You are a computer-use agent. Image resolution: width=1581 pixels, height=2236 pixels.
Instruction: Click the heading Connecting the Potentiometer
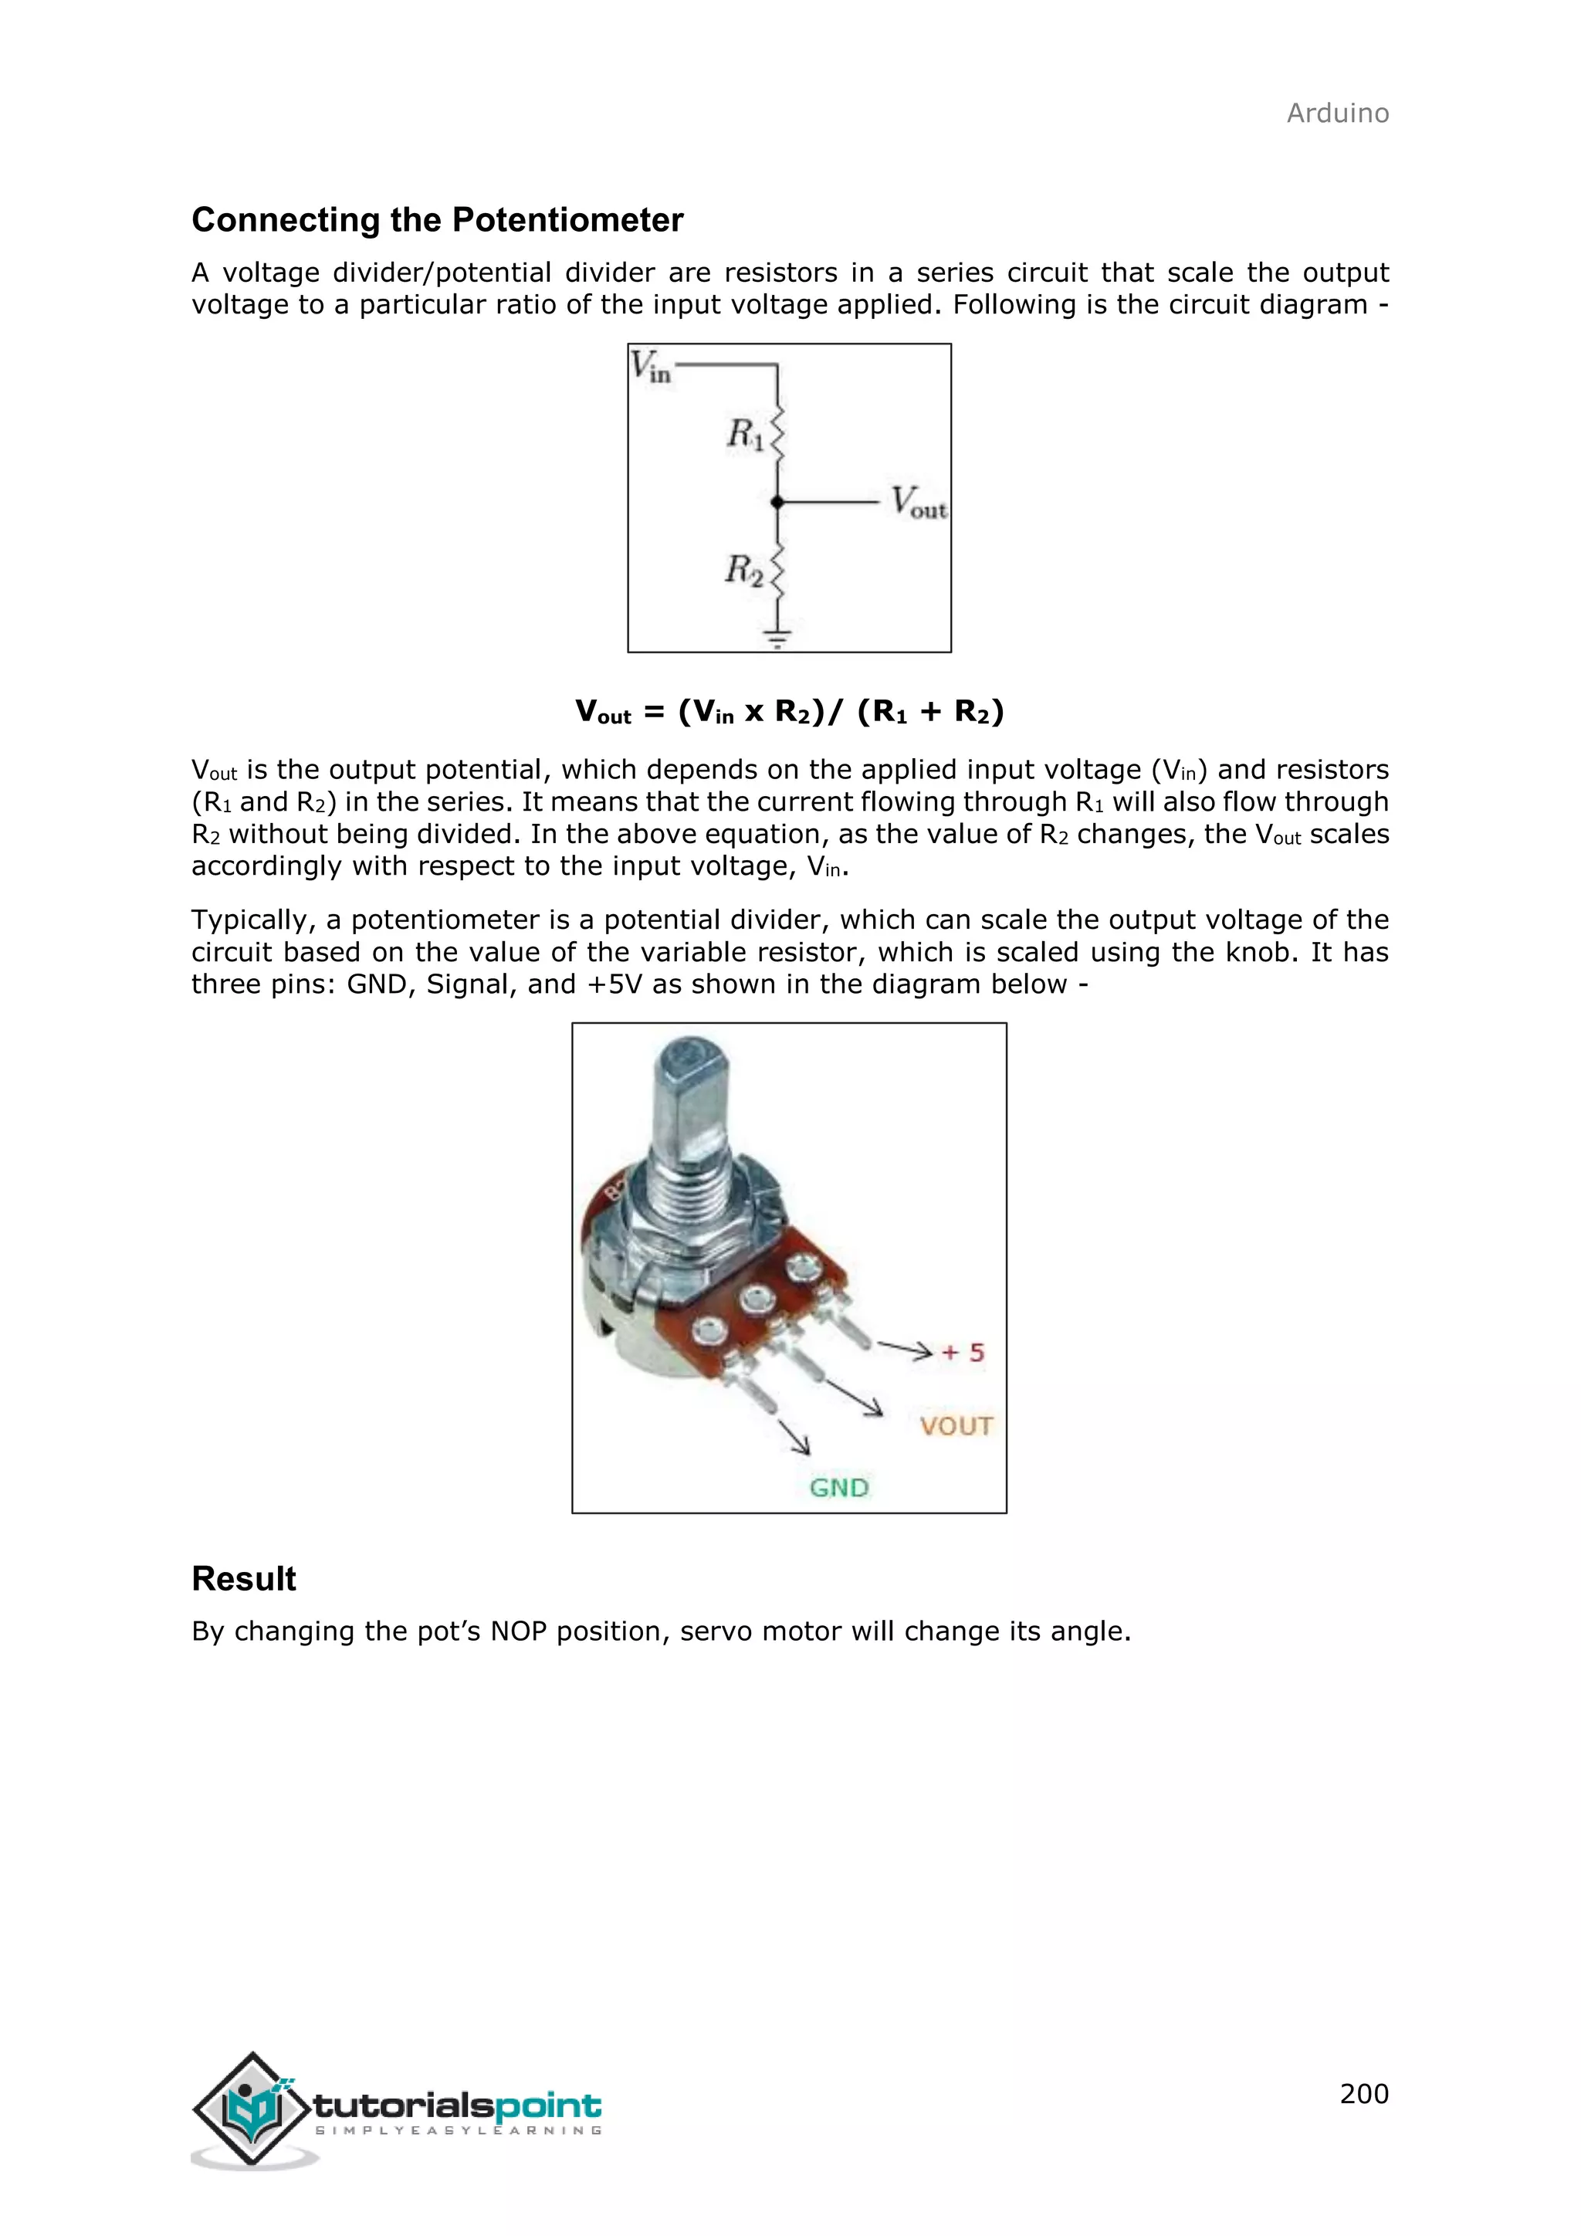click(x=437, y=220)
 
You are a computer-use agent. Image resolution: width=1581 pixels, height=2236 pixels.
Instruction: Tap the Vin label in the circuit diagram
click(x=649, y=368)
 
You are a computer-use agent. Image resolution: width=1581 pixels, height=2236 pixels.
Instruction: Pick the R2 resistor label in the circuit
click(x=743, y=569)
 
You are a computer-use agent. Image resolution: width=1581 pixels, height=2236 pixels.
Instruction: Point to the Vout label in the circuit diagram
click(x=918, y=503)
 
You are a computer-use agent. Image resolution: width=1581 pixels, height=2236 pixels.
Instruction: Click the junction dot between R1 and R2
click(x=777, y=503)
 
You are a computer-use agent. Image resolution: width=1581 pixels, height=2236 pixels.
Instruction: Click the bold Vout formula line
click(x=790, y=712)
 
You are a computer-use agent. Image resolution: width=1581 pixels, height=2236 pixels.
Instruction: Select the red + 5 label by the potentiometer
click(x=963, y=1353)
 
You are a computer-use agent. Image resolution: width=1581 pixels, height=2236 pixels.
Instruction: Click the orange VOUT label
click(x=956, y=1427)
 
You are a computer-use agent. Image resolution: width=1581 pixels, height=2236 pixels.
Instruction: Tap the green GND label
click(x=838, y=1488)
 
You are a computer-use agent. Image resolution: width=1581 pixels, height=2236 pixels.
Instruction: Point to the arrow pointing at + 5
click(x=906, y=1349)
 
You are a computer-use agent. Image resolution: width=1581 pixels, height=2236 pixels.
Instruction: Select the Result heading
click(x=243, y=1579)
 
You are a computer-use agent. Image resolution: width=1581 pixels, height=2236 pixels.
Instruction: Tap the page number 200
click(x=1363, y=2094)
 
